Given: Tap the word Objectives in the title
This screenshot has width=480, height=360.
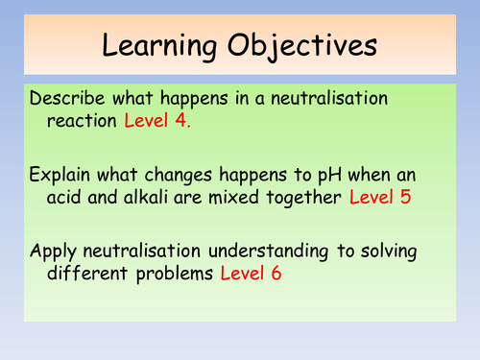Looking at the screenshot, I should point(297,45).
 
